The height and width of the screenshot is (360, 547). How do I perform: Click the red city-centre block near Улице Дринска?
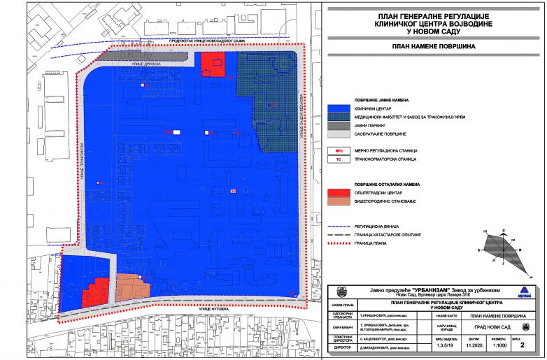pos(213,65)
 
